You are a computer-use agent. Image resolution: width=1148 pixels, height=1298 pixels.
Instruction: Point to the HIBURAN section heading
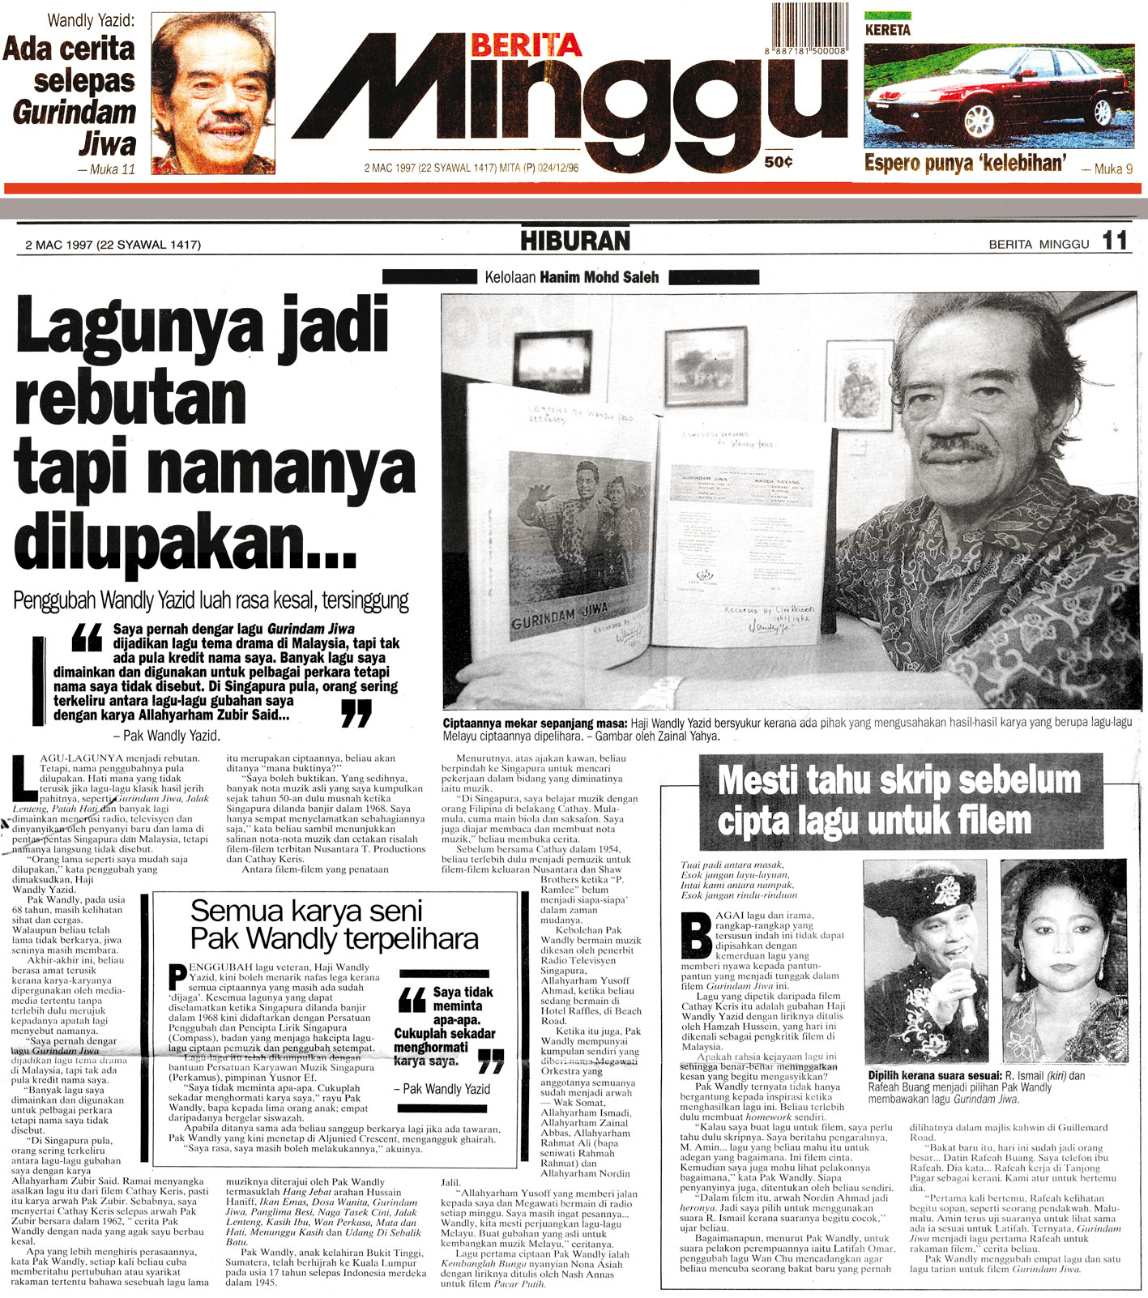click(x=574, y=241)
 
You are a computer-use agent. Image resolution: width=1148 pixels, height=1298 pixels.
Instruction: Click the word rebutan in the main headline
click(x=130, y=398)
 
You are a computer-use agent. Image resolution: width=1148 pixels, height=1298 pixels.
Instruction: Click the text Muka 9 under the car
click(x=1107, y=169)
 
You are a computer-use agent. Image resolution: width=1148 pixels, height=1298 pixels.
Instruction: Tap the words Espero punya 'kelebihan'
click(x=963, y=163)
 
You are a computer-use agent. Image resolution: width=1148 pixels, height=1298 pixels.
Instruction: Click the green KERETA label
click(x=887, y=30)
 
